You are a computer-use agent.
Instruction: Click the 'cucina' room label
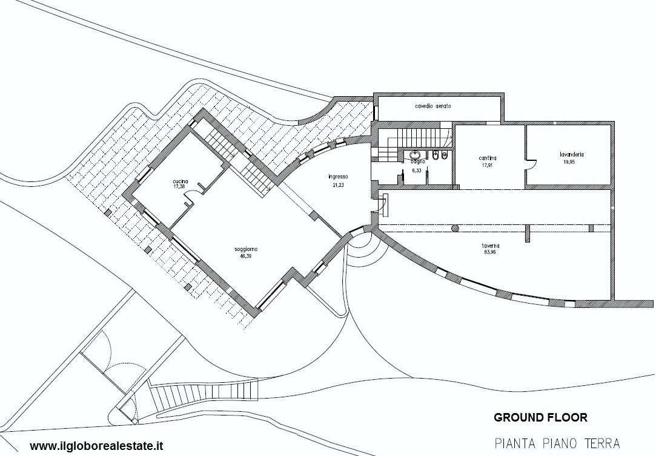(181, 181)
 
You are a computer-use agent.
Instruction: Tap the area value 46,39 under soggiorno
(246, 256)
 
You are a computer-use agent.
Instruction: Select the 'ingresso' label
(338, 177)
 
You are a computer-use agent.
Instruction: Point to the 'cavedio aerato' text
(433, 106)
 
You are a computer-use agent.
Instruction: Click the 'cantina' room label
(488, 158)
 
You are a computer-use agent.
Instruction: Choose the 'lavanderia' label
(572, 154)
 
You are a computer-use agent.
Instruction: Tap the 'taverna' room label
(490, 246)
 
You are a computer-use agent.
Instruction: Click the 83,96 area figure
(490, 252)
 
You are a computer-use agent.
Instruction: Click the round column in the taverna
(455, 228)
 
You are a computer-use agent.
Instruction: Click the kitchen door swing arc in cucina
(191, 197)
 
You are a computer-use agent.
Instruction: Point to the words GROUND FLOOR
(540, 417)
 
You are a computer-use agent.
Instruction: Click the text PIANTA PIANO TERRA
(557, 443)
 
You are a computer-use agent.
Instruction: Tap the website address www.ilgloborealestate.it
(96, 446)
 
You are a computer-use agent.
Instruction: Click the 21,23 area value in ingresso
(338, 185)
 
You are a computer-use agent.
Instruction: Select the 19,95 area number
(569, 162)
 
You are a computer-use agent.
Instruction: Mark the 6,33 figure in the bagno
(417, 171)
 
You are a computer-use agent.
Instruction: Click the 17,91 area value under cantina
(488, 165)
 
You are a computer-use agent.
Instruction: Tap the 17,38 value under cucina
(179, 187)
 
